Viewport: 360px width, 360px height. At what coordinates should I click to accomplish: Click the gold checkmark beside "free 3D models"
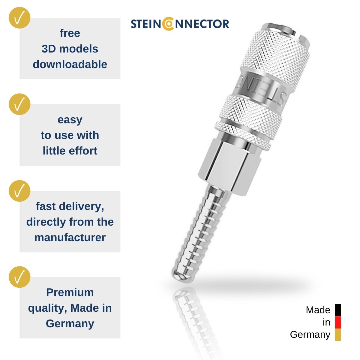pyautogui.click(x=19, y=18)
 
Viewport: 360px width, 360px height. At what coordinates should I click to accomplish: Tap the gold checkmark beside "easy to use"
pyautogui.click(x=19, y=104)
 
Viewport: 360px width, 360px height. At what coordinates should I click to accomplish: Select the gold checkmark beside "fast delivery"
pyautogui.click(x=19, y=191)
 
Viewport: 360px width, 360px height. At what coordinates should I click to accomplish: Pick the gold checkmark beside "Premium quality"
pyautogui.click(x=19, y=277)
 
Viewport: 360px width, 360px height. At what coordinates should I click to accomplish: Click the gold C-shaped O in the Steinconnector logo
pyautogui.click(x=168, y=24)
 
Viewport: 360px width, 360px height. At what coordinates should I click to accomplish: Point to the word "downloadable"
pyautogui.click(x=70, y=64)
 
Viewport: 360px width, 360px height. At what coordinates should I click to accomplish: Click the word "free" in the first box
pyautogui.click(x=70, y=33)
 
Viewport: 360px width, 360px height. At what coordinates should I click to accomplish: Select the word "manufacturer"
pyautogui.click(x=70, y=238)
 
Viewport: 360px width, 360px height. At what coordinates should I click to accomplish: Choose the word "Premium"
pyautogui.click(x=70, y=292)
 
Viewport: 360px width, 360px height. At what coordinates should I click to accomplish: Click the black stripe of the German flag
pyautogui.click(x=338, y=310)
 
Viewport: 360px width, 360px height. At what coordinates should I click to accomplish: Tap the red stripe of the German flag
pyautogui.click(x=338, y=322)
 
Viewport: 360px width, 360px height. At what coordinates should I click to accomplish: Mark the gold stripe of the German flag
pyautogui.click(x=338, y=335)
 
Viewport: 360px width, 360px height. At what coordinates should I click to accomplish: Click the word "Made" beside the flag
pyautogui.click(x=318, y=310)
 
